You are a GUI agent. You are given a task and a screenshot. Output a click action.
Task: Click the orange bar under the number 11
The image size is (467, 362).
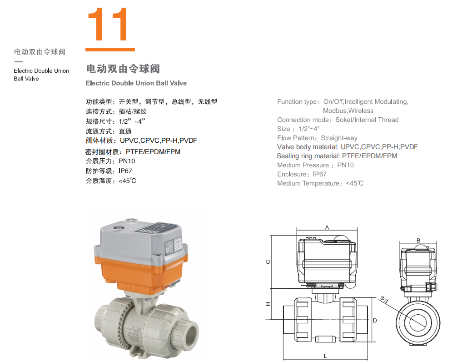point(110,50)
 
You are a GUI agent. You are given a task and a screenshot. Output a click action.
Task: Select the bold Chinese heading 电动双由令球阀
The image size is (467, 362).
point(123,69)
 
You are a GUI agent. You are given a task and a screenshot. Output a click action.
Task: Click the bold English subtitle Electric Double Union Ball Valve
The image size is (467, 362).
point(136,83)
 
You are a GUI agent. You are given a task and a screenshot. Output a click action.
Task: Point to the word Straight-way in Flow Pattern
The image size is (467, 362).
point(339,138)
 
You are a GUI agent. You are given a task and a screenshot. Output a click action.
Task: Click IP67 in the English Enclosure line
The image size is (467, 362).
point(319,174)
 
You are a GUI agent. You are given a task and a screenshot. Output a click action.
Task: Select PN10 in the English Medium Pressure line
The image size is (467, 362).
point(346,165)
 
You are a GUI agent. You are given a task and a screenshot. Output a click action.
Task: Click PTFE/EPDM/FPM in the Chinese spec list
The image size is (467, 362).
point(153,152)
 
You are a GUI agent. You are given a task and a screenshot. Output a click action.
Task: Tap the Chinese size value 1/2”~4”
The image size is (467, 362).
point(132,121)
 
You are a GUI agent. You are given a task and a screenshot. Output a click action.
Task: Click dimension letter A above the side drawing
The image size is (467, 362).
point(327,227)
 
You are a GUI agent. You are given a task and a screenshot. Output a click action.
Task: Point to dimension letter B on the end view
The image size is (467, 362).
point(418,240)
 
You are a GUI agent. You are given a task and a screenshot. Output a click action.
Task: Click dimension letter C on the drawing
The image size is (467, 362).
point(268,262)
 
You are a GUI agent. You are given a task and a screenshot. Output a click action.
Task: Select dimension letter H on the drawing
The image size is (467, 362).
point(268,304)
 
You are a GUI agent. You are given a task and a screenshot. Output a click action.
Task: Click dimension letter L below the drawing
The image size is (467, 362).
point(325,356)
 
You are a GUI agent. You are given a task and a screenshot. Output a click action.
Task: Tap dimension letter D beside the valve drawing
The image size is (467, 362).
point(375,321)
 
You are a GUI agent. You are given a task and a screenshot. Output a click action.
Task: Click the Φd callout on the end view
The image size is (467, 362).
point(384,300)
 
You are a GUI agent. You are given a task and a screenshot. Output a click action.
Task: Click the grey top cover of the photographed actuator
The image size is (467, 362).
point(140,239)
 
